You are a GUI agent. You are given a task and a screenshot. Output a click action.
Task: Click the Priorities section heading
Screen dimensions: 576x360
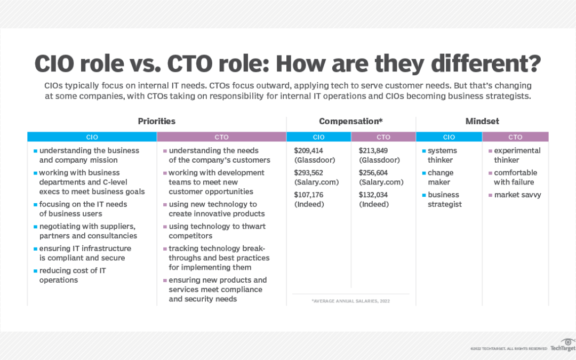pyautogui.click(x=156, y=121)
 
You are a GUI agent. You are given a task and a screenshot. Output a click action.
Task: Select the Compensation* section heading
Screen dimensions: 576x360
pyautogui.click(x=351, y=121)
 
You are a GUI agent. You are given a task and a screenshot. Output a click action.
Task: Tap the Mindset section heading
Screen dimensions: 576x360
pyautogui.click(x=482, y=121)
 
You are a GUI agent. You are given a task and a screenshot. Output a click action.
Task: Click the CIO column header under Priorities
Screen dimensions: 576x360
pyautogui.click(x=92, y=137)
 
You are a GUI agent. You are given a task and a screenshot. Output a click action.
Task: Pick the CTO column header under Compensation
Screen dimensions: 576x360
pyautogui.click(x=383, y=137)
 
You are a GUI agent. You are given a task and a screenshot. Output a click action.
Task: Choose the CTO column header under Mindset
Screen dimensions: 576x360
pyautogui.click(x=515, y=137)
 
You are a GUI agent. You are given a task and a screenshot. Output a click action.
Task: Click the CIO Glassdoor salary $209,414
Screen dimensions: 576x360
pyautogui.click(x=309, y=150)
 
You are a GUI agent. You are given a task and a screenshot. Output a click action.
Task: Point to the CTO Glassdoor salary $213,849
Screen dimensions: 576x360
pyautogui.click(x=373, y=150)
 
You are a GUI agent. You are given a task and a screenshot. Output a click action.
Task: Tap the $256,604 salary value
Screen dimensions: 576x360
pyautogui.click(x=373, y=173)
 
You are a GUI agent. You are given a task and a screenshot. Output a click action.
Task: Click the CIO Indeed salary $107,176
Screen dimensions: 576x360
pyautogui.click(x=309, y=195)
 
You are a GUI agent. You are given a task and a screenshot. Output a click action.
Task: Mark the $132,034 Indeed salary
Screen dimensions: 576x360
pyautogui.click(x=373, y=195)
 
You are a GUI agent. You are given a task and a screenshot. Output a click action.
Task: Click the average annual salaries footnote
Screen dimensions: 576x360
pyautogui.click(x=351, y=301)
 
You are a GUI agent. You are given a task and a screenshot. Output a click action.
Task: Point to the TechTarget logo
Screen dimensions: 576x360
pyautogui.click(x=563, y=345)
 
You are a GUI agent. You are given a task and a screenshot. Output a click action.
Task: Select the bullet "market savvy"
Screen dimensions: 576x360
pyautogui.click(x=515, y=195)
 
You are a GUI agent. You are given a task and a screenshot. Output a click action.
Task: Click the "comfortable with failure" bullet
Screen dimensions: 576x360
pyautogui.click(x=513, y=178)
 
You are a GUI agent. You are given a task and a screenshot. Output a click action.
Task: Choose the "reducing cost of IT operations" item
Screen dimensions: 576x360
pyautogui.click(x=70, y=275)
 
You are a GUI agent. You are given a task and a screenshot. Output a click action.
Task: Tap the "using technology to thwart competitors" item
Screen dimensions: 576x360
pyautogui.click(x=214, y=231)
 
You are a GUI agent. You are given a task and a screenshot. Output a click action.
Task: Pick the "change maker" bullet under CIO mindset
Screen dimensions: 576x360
pyautogui.click(x=438, y=178)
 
